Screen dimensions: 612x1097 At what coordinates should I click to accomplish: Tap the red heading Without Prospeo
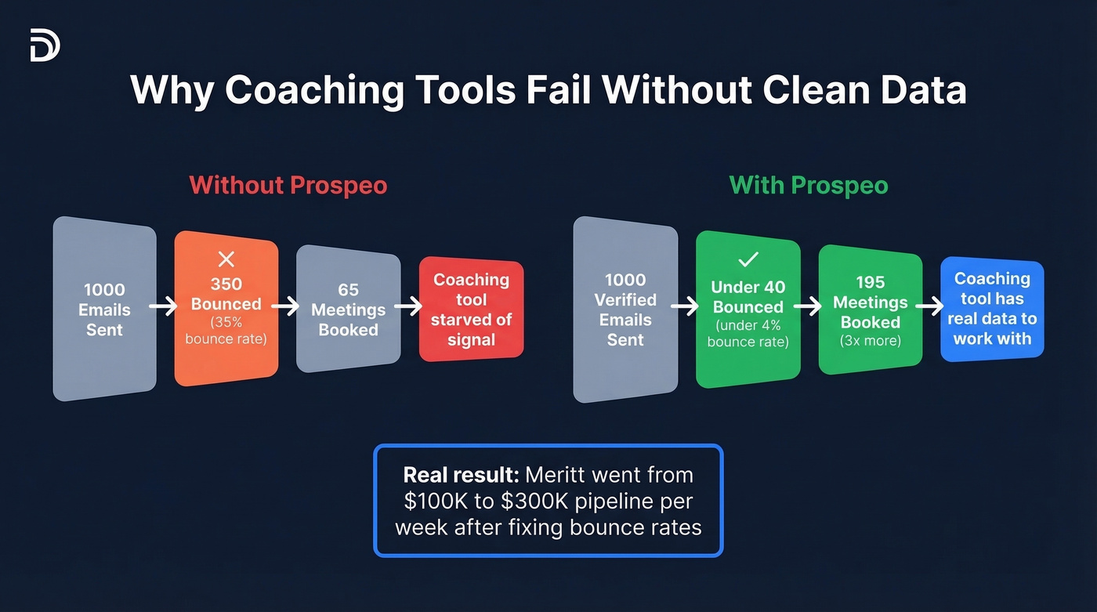coord(288,186)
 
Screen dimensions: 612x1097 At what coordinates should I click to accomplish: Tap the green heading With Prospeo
coord(809,186)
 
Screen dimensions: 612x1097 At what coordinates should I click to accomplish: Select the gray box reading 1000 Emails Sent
coord(104,309)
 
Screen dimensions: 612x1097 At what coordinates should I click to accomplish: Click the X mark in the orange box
coord(226,259)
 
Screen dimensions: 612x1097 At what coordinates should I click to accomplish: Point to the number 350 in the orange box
coord(226,284)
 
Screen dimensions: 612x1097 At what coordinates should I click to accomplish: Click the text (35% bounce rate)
coord(226,330)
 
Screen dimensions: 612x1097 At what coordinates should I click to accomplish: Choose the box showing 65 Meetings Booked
coord(348,310)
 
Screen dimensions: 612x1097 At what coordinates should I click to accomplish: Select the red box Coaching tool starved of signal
coord(471,310)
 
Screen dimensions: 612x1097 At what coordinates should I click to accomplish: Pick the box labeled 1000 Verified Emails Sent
coord(625,310)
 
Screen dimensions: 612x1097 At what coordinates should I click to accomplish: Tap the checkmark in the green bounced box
coord(748,259)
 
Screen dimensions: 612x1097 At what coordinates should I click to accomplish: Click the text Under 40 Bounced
coord(748,297)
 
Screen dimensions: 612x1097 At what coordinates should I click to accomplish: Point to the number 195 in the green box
coord(871,282)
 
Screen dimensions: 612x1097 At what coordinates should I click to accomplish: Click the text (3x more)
coord(871,341)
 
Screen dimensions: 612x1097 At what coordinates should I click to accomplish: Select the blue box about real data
coord(992,310)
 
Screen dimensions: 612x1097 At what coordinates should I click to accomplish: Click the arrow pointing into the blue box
coord(931,307)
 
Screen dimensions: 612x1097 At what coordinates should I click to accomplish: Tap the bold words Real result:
coord(461,475)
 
